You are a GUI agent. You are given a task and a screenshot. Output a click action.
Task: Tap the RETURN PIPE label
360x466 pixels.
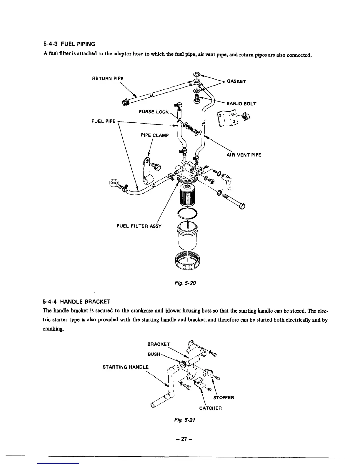pos(108,79)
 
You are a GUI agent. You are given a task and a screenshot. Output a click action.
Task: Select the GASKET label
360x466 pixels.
pos(237,81)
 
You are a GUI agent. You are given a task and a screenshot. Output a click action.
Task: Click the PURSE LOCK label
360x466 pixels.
pos(154,112)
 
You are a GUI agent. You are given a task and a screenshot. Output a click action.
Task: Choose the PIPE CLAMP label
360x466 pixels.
pos(155,135)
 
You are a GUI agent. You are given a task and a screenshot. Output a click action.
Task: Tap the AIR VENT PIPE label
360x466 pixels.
pos(244,155)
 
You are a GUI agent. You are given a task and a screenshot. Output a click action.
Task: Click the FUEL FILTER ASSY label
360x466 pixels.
pos(139,226)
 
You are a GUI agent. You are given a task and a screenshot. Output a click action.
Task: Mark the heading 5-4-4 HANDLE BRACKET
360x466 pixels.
pos(76,302)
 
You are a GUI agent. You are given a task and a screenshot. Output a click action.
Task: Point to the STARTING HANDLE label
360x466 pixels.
pos(126,367)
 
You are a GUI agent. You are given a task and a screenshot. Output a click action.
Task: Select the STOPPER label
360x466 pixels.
pos(224,398)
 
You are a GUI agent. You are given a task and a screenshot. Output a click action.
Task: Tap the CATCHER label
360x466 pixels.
pos(210,408)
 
